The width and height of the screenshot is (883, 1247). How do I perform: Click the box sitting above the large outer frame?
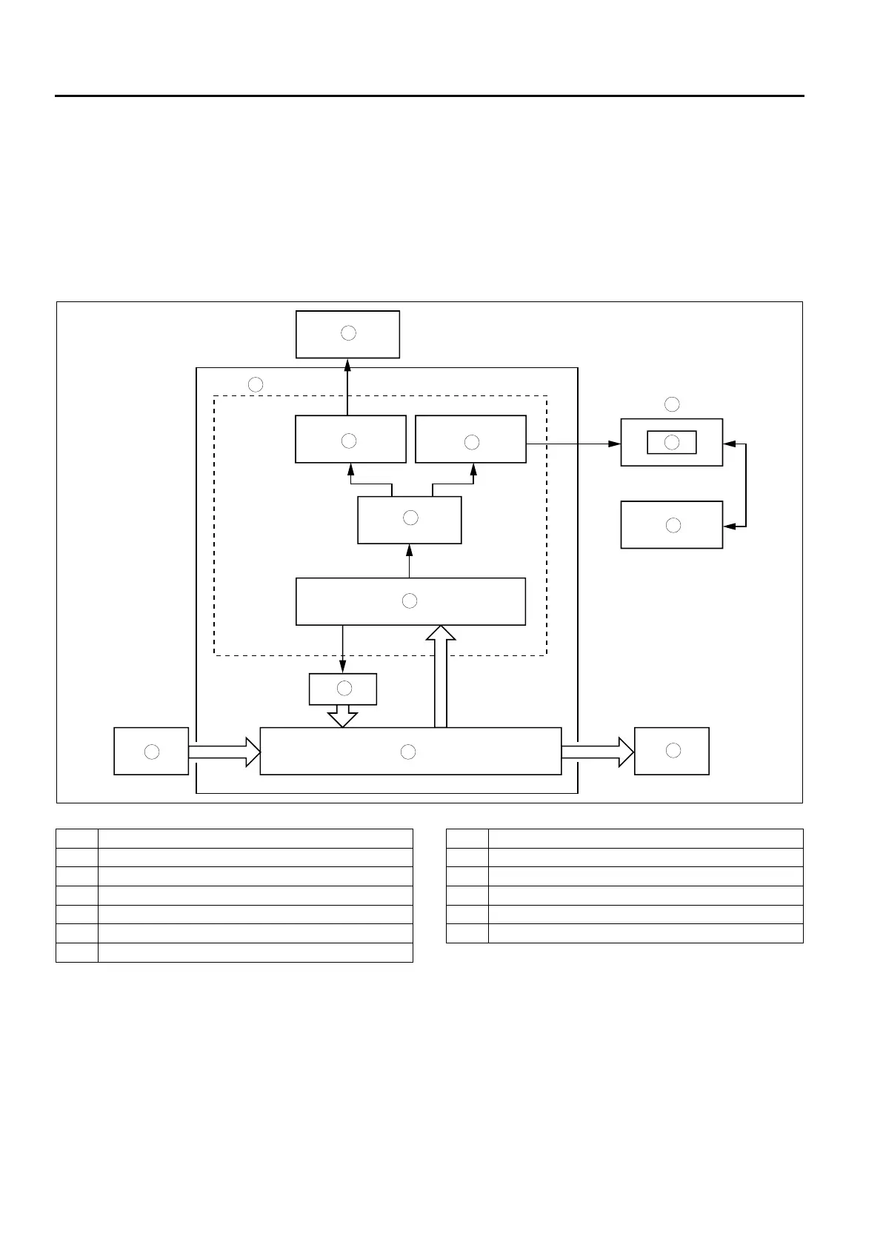347,334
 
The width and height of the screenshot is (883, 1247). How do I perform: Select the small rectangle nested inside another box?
672,442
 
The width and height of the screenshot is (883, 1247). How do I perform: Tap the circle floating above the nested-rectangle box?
672,404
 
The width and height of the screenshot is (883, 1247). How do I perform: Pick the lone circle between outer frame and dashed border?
256,384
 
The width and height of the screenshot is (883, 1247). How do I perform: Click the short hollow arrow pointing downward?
342,716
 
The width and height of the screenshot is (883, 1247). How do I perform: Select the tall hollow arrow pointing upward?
441,676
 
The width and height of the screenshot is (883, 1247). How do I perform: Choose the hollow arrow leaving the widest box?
597,752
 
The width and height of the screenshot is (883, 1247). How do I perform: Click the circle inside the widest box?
408,752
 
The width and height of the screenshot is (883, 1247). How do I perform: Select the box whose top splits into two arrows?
410,520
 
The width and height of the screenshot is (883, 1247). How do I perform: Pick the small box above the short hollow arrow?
343,689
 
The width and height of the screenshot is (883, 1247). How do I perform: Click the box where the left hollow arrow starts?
151,752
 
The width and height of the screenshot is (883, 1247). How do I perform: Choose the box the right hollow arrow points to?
672,751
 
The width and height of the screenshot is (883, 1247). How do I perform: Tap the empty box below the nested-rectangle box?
672,525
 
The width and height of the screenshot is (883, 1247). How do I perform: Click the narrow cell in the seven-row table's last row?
77,952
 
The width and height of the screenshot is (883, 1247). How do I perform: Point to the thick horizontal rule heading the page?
430,96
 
